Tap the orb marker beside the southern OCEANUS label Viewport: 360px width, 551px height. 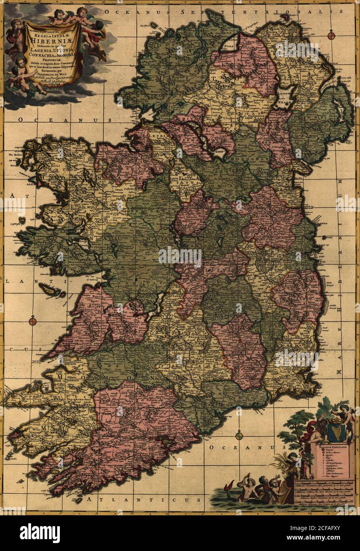[238, 436]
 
